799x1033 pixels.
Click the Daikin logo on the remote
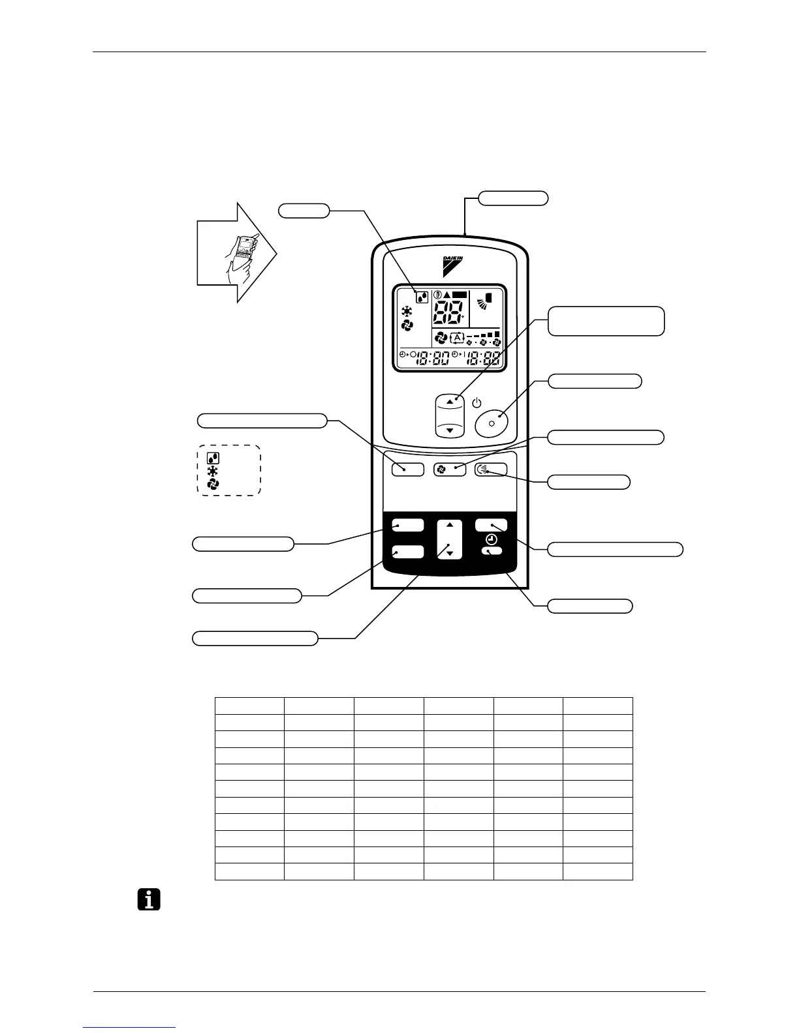[x=453, y=263]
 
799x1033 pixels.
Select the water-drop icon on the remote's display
[x=423, y=297]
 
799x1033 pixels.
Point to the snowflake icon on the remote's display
[x=407, y=312]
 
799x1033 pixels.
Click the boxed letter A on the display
[x=457, y=338]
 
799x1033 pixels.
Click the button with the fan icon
[x=450, y=469]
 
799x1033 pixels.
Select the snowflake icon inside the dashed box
[x=213, y=471]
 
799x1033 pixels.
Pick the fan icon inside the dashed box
[x=213, y=484]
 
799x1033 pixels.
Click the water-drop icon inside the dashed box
[x=213, y=458]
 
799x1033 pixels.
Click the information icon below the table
[x=149, y=901]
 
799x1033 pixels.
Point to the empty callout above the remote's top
[x=513, y=198]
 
